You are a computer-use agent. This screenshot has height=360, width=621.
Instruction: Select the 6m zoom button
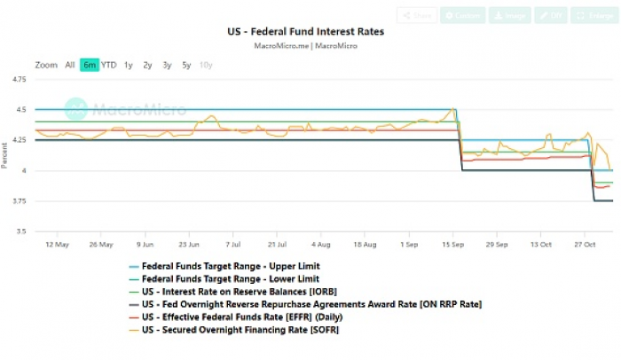pyautogui.click(x=89, y=65)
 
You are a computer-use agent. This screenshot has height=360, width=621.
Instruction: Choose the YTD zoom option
pyautogui.click(x=108, y=65)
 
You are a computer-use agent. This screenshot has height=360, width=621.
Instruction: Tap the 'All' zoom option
pyautogui.click(x=69, y=65)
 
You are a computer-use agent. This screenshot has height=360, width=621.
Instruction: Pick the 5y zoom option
pyautogui.click(x=185, y=65)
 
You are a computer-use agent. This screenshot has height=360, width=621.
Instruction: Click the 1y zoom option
pyautogui.click(x=128, y=65)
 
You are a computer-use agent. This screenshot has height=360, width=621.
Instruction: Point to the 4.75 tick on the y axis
pyautogui.click(x=18, y=80)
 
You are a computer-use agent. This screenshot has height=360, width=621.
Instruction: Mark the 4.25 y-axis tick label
pyautogui.click(x=18, y=140)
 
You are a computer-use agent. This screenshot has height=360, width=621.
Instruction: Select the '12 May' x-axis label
pyautogui.click(x=58, y=244)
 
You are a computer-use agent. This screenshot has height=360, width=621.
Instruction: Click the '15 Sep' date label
pyautogui.click(x=452, y=244)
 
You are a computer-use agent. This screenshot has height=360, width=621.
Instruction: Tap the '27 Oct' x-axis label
pyautogui.click(x=584, y=244)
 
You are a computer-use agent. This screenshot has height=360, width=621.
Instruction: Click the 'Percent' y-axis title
pyautogui.click(x=5, y=156)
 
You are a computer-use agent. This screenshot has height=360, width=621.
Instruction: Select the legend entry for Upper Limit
pyautogui.click(x=231, y=265)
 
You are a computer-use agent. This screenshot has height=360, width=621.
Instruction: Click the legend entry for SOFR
pyautogui.click(x=240, y=330)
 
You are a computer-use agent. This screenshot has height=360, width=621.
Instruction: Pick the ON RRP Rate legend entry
pyautogui.click(x=310, y=304)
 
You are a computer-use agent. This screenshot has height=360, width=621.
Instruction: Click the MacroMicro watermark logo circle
pyautogui.click(x=77, y=109)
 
